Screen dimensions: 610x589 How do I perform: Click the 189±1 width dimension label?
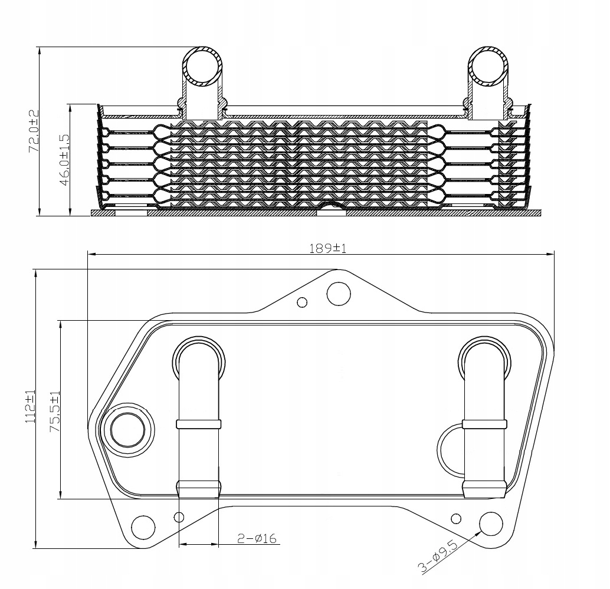[327, 248]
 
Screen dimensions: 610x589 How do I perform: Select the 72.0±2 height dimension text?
[34, 131]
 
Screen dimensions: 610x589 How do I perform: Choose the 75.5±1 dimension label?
[55, 410]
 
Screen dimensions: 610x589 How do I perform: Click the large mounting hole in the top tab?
[339, 293]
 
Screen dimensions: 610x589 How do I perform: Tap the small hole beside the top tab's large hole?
[302, 302]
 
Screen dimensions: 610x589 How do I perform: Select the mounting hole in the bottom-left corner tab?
[142, 527]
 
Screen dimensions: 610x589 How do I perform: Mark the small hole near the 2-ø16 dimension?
[179, 517]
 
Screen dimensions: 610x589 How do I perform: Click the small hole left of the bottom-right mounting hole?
[455, 518]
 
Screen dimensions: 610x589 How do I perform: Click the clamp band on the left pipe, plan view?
[199, 423]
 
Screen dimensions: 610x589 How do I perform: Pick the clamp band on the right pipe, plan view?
[484, 423]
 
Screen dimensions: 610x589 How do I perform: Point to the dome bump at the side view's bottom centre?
[332, 205]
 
